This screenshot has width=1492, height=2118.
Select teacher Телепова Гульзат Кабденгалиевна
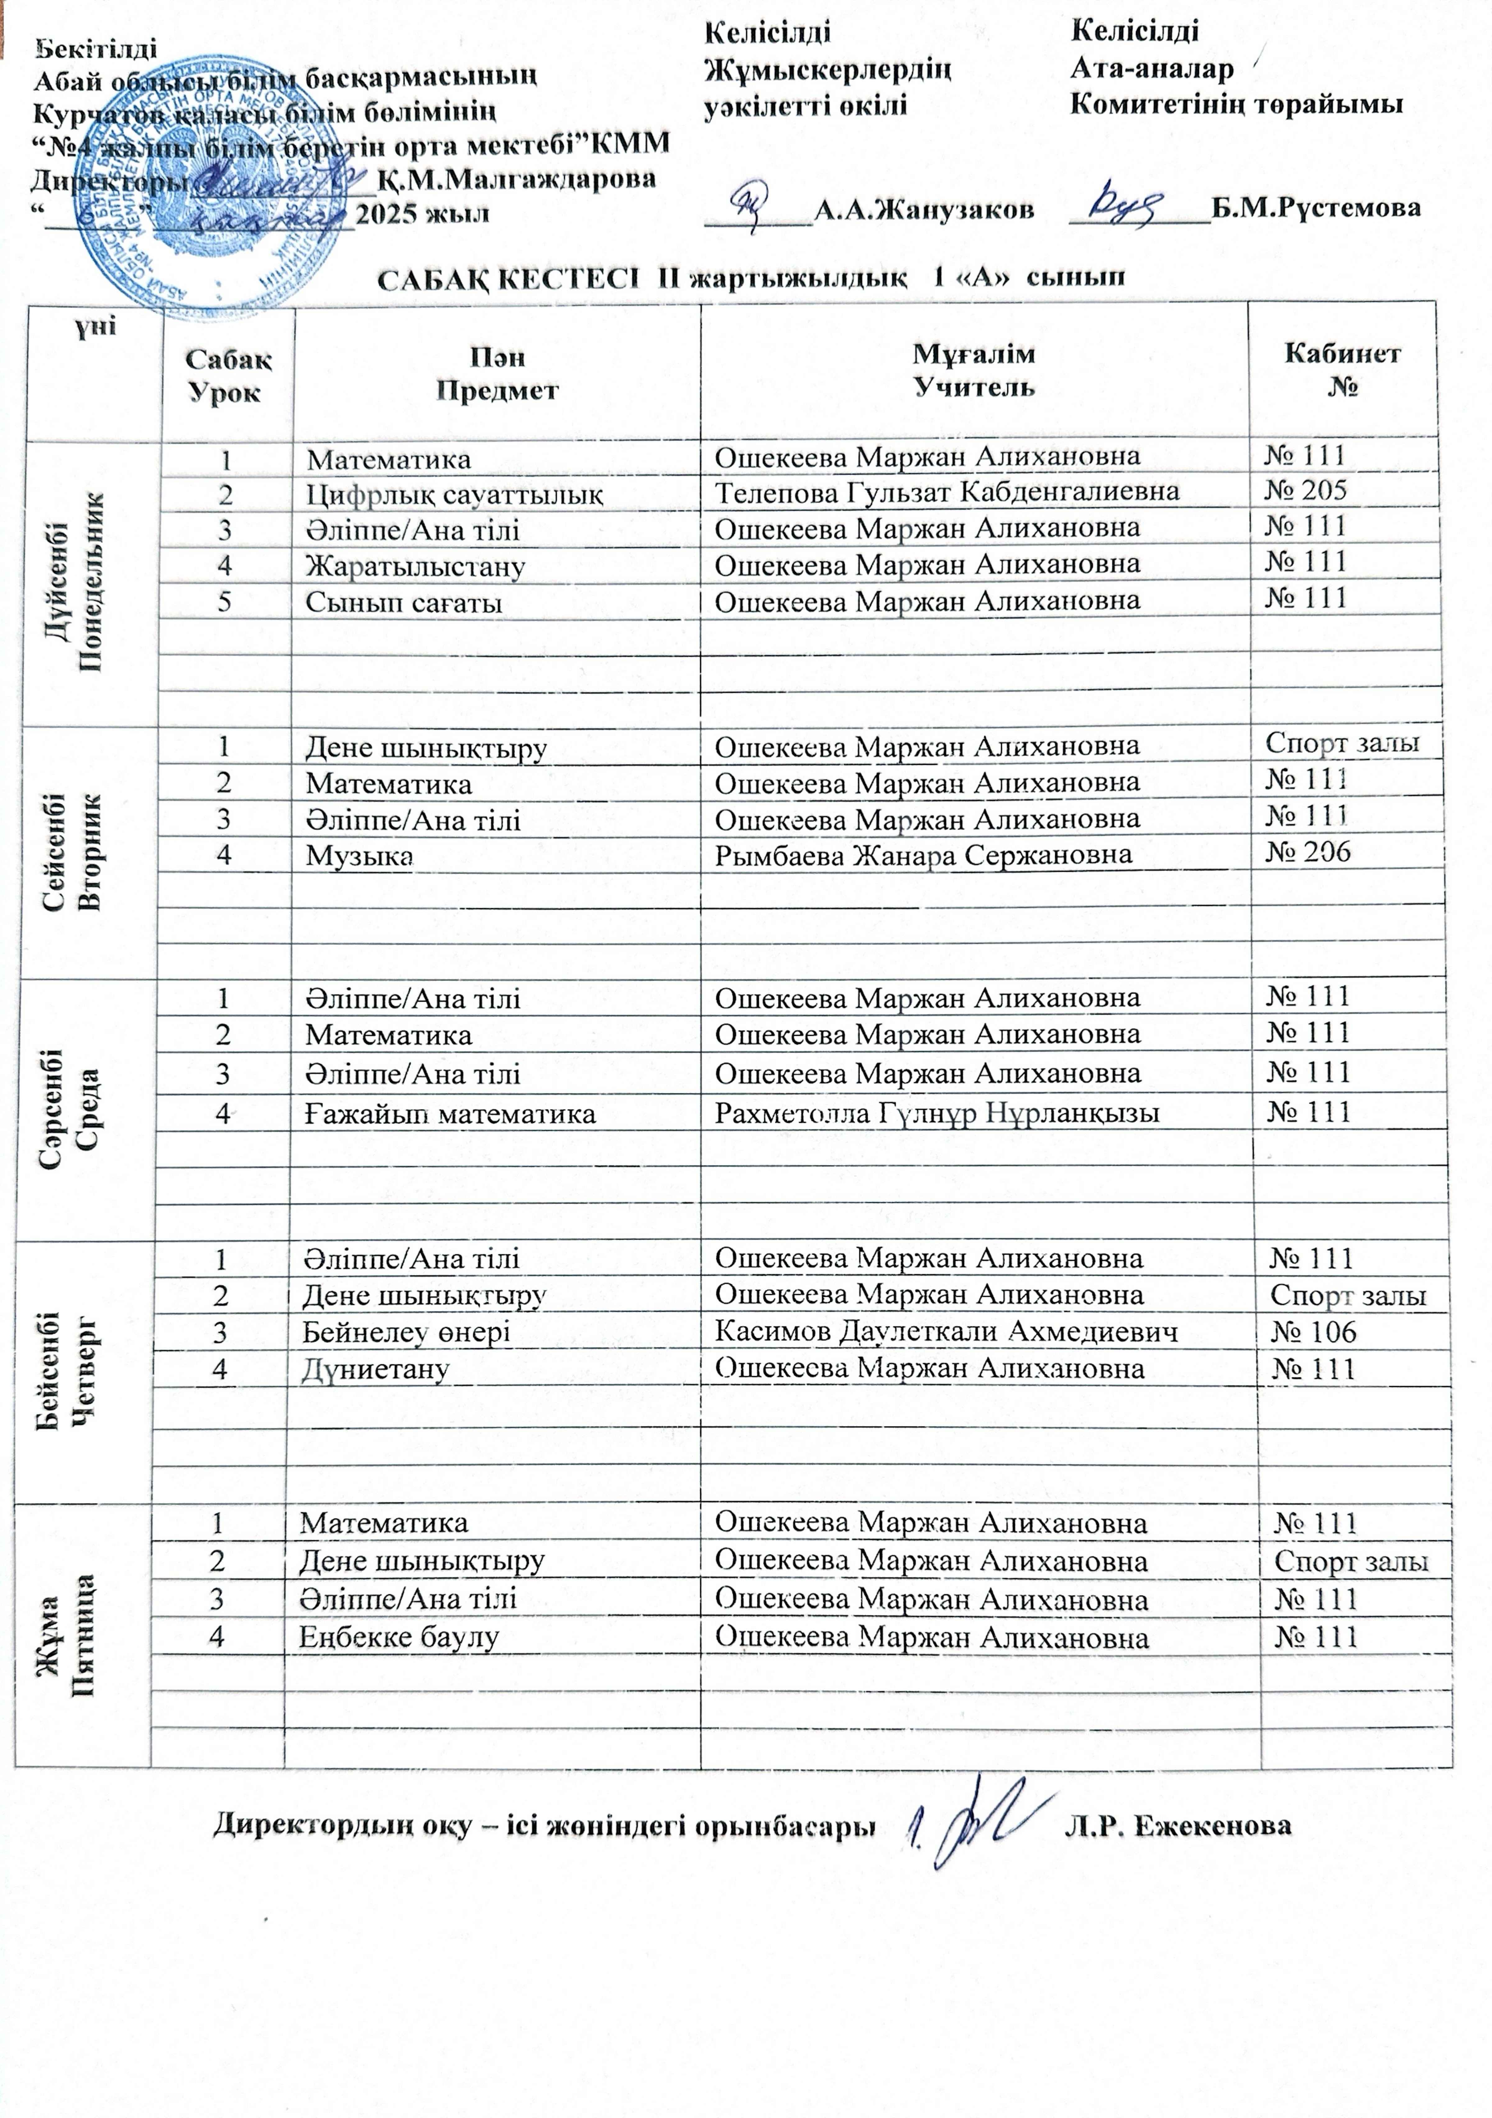(x=947, y=492)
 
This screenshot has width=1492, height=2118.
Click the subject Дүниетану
(x=375, y=1369)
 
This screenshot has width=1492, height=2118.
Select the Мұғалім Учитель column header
(x=974, y=369)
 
